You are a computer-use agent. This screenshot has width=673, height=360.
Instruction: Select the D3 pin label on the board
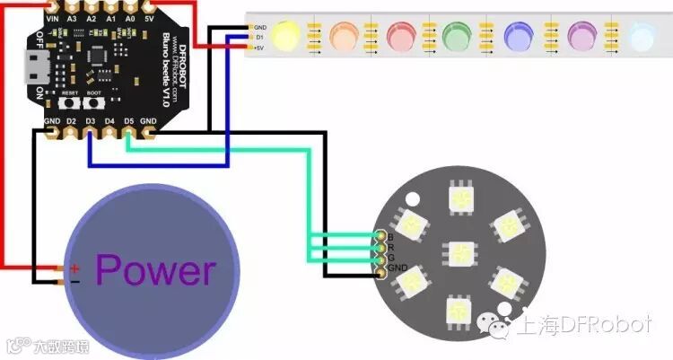click(91, 120)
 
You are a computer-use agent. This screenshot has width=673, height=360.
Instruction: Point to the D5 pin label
click(129, 120)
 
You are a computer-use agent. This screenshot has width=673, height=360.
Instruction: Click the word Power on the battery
click(155, 269)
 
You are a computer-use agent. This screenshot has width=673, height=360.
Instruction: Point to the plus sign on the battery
click(75, 267)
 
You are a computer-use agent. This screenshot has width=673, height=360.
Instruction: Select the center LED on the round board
click(459, 252)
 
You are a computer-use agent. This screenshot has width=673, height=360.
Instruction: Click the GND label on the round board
click(398, 268)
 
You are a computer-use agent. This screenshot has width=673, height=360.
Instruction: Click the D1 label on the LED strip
click(260, 38)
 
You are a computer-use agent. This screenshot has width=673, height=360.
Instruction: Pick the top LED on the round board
click(459, 195)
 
